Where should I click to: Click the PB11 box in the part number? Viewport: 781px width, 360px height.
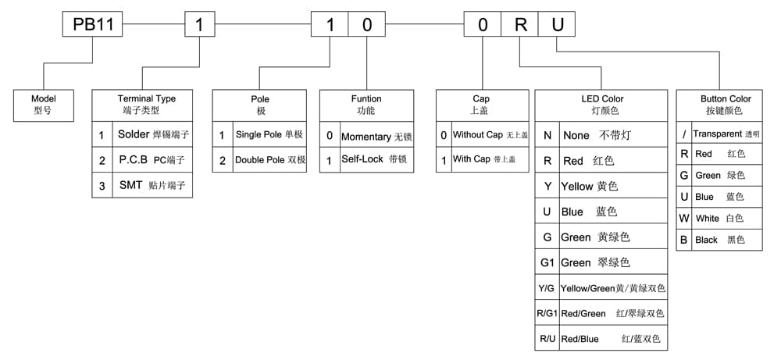click(x=92, y=24)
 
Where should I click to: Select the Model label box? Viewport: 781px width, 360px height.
click(x=44, y=105)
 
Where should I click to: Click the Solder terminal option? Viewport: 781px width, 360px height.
click(x=153, y=134)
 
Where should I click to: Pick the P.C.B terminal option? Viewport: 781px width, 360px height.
click(x=152, y=160)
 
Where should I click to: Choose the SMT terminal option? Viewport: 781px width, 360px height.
click(x=152, y=186)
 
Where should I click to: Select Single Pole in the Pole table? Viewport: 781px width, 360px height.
click(x=269, y=134)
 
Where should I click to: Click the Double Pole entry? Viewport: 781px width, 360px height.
click(x=270, y=160)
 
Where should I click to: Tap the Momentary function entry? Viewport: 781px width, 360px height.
click(x=376, y=137)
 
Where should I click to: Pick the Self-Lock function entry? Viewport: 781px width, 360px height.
click(x=376, y=159)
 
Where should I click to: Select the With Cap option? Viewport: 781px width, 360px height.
click(x=483, y=159)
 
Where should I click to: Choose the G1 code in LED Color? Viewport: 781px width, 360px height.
click(x=547, y=262)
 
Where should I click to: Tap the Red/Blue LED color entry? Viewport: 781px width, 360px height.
click(x=610, y=339)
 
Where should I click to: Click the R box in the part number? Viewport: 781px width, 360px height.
click(x=519, y=24)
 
